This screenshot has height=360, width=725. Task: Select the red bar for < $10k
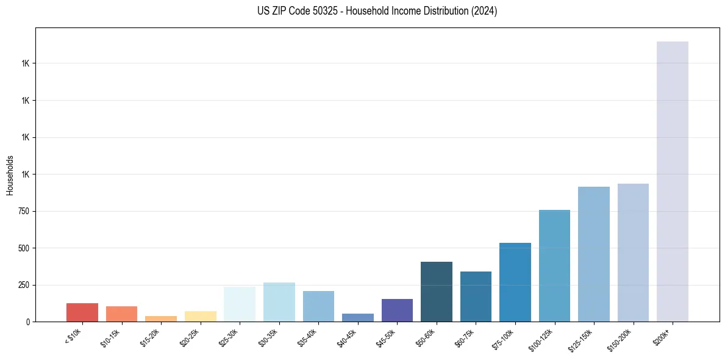[82, 312]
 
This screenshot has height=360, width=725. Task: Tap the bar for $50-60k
[436, 292]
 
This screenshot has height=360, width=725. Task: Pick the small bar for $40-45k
[357, 318]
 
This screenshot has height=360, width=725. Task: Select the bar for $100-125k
[554, 266]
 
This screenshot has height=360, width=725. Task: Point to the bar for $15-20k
[161, 319]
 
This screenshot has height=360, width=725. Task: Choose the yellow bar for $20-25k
[200, 317]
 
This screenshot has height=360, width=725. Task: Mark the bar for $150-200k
[633, 253]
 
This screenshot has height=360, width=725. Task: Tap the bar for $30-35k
[279, 302]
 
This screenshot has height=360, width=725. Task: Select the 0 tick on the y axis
[26, 322]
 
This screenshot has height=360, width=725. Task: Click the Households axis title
[10, 175]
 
